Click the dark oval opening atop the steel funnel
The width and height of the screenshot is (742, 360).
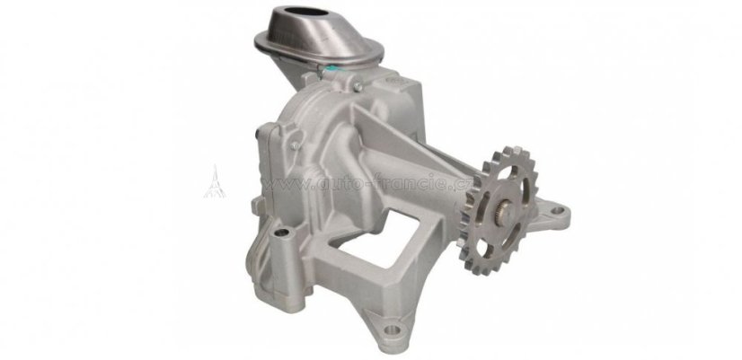click(x=306, y=12)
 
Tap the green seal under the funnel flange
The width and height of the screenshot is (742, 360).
click(x=334, y=71)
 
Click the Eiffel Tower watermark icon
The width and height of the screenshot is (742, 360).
click(x=215, y=181)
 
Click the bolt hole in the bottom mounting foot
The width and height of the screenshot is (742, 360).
click(x=390, y=329)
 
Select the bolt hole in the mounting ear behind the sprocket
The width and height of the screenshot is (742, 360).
click(x=558, y=209)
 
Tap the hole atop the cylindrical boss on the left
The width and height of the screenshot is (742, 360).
click(x=281, y=233)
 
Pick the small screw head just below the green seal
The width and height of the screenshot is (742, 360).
click(x=358, y=86)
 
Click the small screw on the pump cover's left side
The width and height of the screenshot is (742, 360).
click(x=295, y=145)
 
